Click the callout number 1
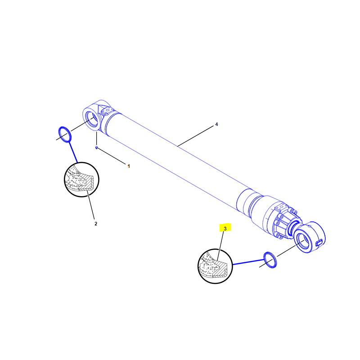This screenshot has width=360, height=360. coord(129,166)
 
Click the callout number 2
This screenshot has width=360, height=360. coord(96,224)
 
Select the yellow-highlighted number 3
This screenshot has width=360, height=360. coord(225,229)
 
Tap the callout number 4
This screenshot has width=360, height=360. coord(216,124)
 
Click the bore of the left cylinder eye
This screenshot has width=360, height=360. coord(93,119)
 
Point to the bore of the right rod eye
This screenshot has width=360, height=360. coord(304,241)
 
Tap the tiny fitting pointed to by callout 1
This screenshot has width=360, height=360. coord(96,148)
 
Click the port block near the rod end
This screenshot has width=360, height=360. coord(281,207)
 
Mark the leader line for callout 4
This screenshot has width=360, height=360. coord(195,136)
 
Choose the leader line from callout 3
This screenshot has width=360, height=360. coord(220,246)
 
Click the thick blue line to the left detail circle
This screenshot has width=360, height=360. coord(73,152)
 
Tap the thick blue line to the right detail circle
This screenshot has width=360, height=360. coord(248,262)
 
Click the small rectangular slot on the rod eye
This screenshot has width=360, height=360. coord(319,243)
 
